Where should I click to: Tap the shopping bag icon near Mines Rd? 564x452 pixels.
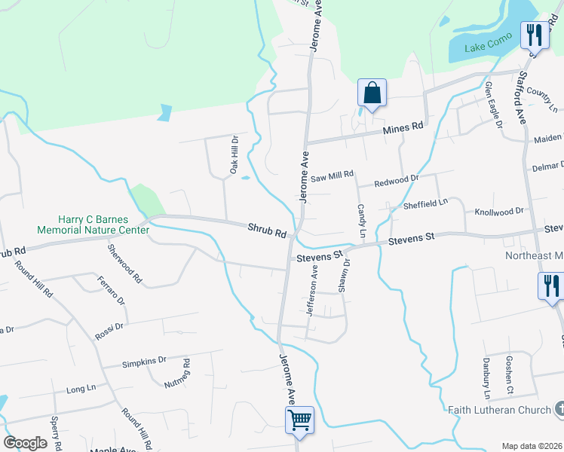[372, 94]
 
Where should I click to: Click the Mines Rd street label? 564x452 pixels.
[403, 129]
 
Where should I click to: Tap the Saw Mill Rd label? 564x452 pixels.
[332, 175]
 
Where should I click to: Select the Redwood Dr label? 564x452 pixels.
[396, 181]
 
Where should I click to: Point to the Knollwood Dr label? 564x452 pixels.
[498, 212]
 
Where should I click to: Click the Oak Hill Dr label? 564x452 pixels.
[234, 156]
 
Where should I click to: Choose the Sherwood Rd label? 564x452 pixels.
[125, 263]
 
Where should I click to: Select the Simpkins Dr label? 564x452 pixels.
[143, 362]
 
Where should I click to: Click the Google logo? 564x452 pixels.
[25, 442]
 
